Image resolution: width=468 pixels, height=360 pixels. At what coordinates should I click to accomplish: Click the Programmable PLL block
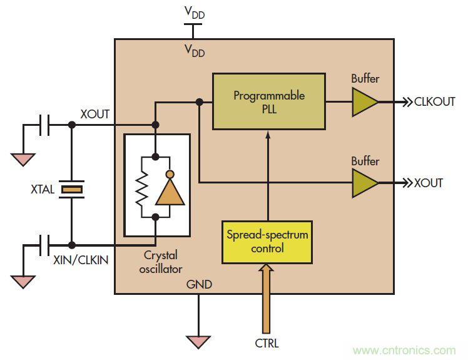point(268,101)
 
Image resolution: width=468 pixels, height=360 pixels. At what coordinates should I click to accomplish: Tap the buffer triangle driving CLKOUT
point(364,101)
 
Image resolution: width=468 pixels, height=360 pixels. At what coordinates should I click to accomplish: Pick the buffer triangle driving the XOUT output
point(364,183)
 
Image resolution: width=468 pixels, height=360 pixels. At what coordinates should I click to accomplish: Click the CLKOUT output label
point(435,101)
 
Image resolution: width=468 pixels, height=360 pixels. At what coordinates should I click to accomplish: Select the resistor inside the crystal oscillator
point(141,187)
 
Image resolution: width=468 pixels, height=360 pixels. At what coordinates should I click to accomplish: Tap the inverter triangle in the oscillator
point(170,190)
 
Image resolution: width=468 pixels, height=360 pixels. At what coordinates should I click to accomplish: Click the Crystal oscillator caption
point(160,262)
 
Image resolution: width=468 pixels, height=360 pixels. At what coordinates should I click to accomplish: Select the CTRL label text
point(267,343)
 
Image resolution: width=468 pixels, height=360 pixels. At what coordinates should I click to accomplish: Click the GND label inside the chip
point(199,285)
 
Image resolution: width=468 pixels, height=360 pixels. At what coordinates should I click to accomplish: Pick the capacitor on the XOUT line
point(44,125)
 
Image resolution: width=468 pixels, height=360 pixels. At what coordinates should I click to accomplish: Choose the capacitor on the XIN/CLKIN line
point(44,245)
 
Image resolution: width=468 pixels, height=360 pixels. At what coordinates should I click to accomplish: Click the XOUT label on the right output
point(429,183)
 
